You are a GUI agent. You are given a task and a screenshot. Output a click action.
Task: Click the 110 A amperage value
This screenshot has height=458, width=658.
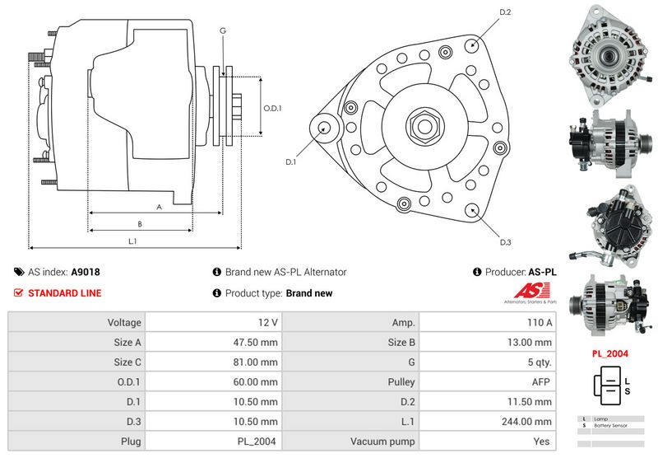pyautogui.click(x=540, y=322)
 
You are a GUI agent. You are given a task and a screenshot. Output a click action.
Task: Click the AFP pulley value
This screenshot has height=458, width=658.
pyautogui.click(x=542, y=382)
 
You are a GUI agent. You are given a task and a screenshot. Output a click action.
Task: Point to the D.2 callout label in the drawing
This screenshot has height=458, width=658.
pyautogui.click(x=506, y=12)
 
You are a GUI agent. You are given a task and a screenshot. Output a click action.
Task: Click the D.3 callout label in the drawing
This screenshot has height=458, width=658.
pyautogui.click(x=506, y=242)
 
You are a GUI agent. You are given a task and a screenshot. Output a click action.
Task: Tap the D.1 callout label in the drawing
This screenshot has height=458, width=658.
pyautogui.click(x=290, y=162)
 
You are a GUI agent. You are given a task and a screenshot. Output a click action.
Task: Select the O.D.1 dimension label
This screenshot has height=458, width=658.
pyautogui.click(x=272, y=108)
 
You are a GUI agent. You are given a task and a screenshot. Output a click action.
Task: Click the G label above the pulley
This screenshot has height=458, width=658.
pyautogui.click(x=223, y=30)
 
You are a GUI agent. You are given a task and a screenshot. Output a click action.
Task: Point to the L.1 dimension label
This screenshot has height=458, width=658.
pyautogui.click(x=132, y=241)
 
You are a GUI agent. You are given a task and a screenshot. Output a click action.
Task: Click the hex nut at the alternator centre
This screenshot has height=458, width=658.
pyautogui.click(x=424, y=126)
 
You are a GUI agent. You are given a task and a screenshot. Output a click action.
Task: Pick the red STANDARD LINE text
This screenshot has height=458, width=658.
pyautogui.click(x=65, y=292)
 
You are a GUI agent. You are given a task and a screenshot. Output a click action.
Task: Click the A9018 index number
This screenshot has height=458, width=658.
pyautogui.click(x=86, y=272)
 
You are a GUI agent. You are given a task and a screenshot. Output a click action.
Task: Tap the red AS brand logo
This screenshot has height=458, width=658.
pyautogui.click(x=526, y=291)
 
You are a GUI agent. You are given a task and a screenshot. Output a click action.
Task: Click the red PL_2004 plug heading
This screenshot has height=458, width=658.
pyautogui.click(x=610, y=353)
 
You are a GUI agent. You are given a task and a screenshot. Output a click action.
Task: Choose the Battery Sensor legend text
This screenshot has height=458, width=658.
pyautogui.click(x=609, y=425)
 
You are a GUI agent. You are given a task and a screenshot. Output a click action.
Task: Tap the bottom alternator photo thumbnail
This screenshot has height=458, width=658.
pyautogui.click(x=609, y=301)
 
